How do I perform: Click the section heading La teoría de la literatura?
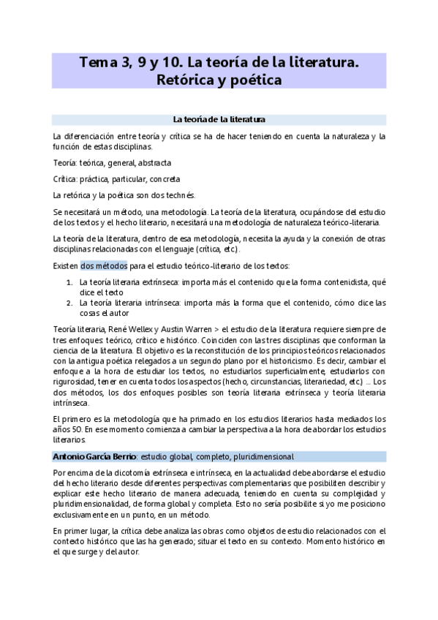coord(219,118)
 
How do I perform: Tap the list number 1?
coord(69,281)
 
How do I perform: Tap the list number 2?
coord(69,302)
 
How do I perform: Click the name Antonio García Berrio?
coord(94,457)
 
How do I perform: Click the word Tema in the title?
coord(94,63)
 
